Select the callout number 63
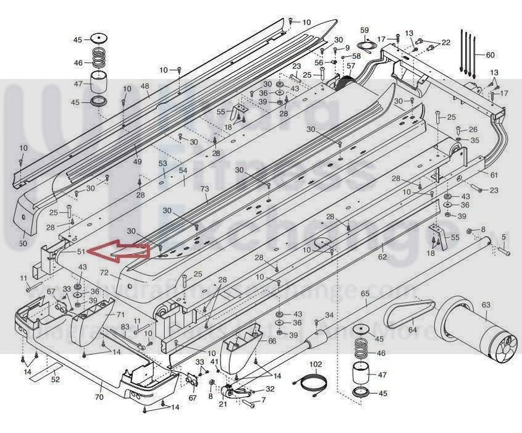486,305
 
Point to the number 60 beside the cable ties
490,55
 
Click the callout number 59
364,30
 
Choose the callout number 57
351,65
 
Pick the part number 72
104,272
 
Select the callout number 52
55,379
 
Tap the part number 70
99,398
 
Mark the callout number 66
272,341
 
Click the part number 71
120,314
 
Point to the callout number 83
125,327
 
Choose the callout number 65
364,293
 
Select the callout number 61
494,175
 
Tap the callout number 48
145,86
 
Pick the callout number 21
222,405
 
